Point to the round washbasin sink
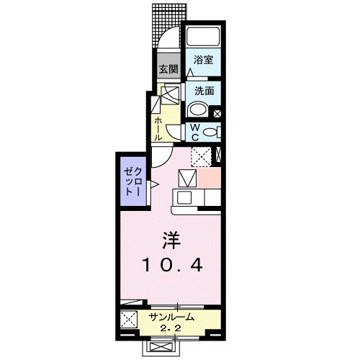[197, 110]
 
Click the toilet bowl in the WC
[210, 132]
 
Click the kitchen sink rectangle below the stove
[184, 198]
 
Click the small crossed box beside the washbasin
[218, 113]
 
